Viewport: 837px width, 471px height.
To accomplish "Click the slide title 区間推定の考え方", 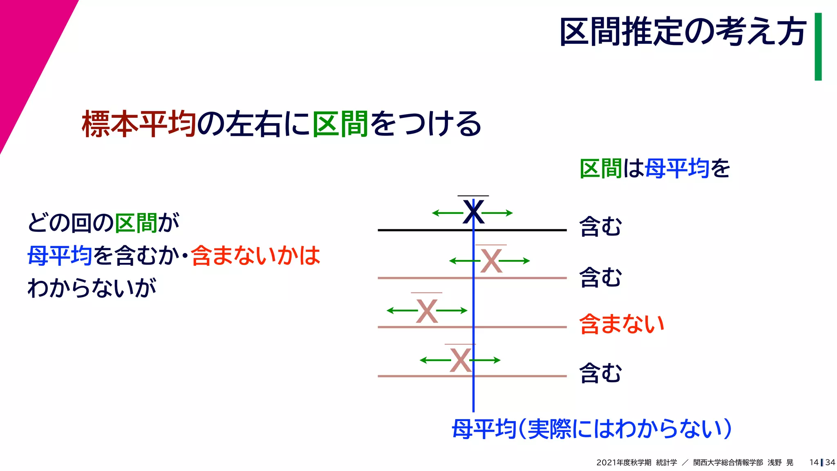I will pyautogui.click(x=683, y=32).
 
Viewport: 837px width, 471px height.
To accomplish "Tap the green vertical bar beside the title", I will pyautogui.click(x=818, y=47).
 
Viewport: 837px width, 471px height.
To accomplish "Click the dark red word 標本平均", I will pyautogui.click(x=139, y=124).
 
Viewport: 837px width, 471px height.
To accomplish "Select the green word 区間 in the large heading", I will pyautogui.click(x=340, y=124).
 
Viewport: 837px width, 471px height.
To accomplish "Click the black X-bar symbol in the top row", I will pyautogui.click(x=473, y=212).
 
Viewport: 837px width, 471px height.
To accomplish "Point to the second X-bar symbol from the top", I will pyautogui.click(x=491, y=260).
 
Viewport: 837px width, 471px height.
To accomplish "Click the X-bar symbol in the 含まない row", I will pyautogui.click(x=427, y=311).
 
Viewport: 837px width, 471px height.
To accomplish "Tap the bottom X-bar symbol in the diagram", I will pyautogui.click(x=461, y=360).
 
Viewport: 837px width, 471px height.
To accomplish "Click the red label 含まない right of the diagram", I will pyautogui.click(x=622, y=324).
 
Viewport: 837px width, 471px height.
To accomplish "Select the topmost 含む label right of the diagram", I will pyautogui.click(x=600, y=227).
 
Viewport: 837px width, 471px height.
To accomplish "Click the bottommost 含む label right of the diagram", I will pyautogui.click(x=600, y=373).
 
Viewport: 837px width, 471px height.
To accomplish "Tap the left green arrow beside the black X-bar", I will pyautogui.click(x=447, y=213).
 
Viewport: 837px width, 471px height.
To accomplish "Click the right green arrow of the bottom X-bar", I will pyautogui.click(x=486, y=360).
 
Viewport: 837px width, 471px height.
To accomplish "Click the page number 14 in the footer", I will pyautogui.click(x=814, y=462).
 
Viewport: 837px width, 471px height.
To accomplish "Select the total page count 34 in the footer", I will pyautogui.click(x=830, y=462).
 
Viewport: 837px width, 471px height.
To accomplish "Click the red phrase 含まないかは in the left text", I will pyautogui.click(x=255, y=256).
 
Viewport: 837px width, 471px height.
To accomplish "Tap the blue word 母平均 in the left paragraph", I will pyautogui.click(x=60, y=256).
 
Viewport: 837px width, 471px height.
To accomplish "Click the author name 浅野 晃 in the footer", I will pyautogui.click(x=780, y=462).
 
